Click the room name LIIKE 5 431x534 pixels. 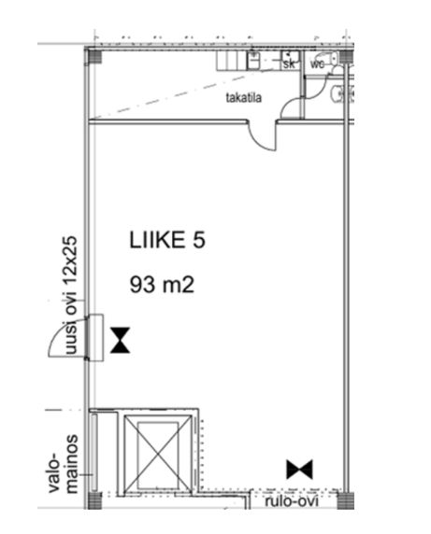point(167,240)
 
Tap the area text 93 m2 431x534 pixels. point(162,285)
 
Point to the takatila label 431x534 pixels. point(244,98)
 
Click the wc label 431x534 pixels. point(317,63)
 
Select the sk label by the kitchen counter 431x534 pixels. point(289,63)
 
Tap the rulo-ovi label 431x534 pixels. point(292,501)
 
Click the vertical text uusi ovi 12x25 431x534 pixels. point(70,295)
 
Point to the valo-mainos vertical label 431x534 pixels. point(64,463)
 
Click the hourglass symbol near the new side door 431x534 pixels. point(120,340)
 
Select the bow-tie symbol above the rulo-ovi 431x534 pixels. point(300,470)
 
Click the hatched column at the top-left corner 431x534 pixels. point(94,56)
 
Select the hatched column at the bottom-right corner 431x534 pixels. point(345,500)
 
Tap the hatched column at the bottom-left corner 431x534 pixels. point(94,500)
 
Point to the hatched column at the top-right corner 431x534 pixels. point(346,56)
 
